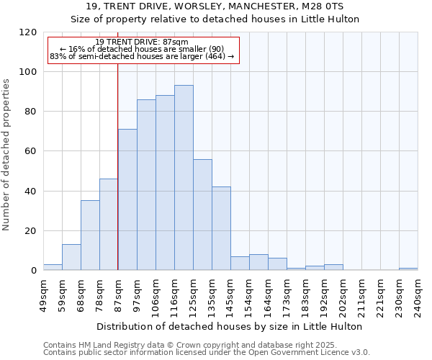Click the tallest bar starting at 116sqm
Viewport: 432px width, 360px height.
coord(184,178)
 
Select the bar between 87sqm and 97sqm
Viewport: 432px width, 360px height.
coord(127,199)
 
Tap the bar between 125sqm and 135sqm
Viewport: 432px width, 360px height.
coord(202,215)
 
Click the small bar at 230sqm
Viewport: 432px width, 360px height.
coord(408,269)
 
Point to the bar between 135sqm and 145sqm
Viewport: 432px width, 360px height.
coord(221,228)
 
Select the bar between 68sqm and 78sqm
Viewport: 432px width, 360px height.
coord(90,235)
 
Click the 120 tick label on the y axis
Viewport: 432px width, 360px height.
coord(28,32)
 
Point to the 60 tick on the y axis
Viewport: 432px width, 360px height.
coord(31,151)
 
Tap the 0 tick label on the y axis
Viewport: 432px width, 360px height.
coord(34,271)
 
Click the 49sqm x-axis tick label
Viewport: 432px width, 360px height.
coord(44,292)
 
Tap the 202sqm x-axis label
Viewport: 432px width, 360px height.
coord(343,294)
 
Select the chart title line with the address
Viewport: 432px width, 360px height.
coord(215,6)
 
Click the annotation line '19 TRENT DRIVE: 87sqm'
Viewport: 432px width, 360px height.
coord(142,42)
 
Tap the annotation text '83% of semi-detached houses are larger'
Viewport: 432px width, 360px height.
coord(142,56)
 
